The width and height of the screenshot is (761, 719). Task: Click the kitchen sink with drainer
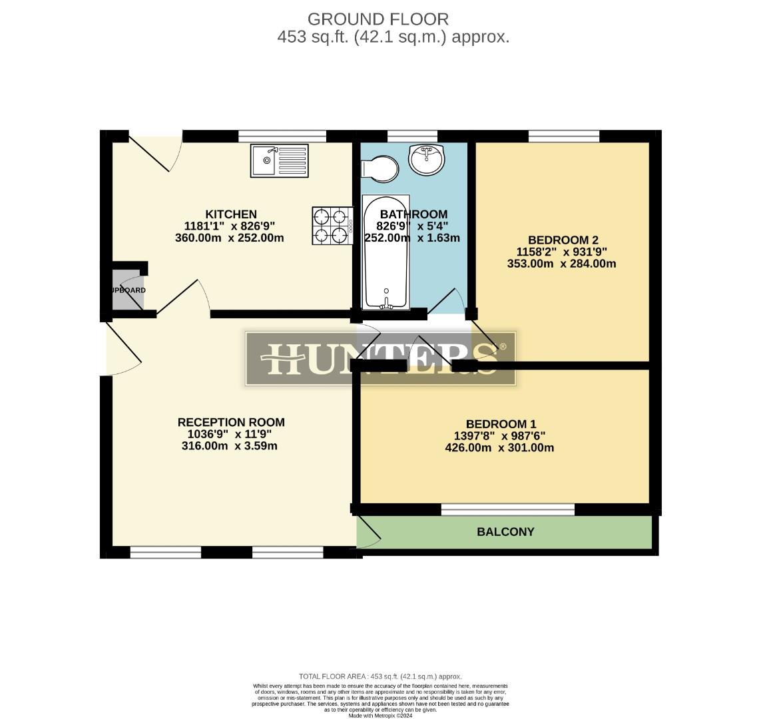click(x=280, y=160)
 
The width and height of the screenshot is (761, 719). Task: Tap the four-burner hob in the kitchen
click(x=332, y=225)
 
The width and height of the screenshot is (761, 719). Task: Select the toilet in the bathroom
click(x=379, y=168)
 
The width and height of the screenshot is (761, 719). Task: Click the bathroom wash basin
click(x=426, y=158)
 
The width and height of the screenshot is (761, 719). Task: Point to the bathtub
click(x=385, y=252)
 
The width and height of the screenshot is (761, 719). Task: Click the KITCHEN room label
click(x=231, y=214)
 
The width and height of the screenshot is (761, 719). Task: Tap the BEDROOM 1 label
click(x=501, y=424)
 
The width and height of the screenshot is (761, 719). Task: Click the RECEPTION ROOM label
click(x=231, y=422)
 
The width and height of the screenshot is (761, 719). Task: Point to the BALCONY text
click(x=505, y=532)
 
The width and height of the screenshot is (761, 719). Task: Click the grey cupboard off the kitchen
click(x=127, y=290)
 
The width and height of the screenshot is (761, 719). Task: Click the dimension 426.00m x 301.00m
click(x=499, y=448)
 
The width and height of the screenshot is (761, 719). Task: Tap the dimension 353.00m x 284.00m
click(x=561, y=264)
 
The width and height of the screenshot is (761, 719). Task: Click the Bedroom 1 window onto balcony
click(x=507, y=509)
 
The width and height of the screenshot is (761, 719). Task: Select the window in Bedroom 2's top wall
click(x=563, y=136)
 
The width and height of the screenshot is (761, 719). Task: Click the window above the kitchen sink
click(x=282, y=136)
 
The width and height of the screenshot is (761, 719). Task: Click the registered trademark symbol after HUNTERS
click(x=503, y=347)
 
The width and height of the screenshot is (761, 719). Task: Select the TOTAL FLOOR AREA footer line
click(x=380, y=676)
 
